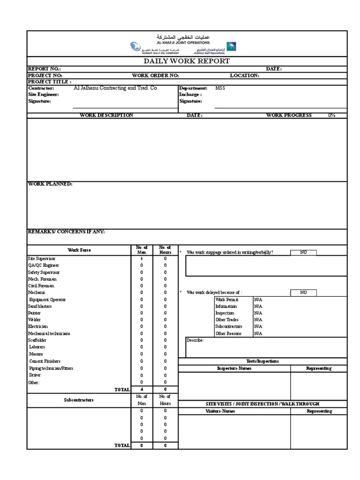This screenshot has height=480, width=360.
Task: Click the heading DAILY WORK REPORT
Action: [x=187, y=61]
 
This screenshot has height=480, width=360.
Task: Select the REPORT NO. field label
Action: [x=45, y=69]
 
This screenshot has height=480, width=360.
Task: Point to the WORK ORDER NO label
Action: [x=155, y=75]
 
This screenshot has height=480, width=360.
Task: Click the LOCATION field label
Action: [x=244, y=75]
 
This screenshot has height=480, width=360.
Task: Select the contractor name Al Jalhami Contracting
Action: [x=116, y=88]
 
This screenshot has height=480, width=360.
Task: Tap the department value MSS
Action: [x=220, y=88]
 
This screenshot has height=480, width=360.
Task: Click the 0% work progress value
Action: [x=331, y=115]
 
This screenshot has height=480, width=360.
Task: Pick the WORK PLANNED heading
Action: [x=50, y=184]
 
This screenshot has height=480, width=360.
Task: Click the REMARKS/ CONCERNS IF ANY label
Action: [x=66, y=232]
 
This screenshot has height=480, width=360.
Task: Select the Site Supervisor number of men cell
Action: [x=142, y=258]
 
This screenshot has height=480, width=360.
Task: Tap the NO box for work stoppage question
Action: [x=303, y=252]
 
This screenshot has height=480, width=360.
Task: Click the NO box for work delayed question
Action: [x=303, y=292]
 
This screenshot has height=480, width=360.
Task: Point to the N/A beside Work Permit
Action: [x=258, y=300]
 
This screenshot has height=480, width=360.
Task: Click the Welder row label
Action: [x=35, y=320]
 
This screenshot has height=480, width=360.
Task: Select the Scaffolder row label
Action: [x=37, y=340]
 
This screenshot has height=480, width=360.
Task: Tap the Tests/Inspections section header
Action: [x=262, y=361]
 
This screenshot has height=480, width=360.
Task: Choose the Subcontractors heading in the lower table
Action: [x=79, y=400]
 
